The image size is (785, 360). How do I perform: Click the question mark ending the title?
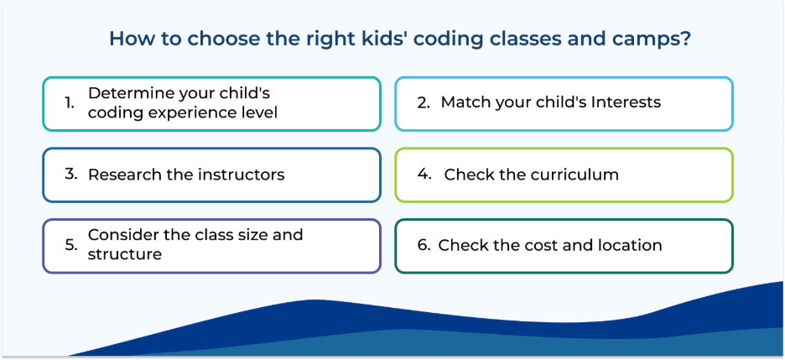685,39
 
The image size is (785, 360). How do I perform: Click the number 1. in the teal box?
70,103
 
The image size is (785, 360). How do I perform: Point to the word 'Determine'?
128,93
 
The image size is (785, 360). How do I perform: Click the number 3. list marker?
71,174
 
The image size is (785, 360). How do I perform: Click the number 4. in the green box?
424,175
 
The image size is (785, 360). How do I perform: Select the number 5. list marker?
71,245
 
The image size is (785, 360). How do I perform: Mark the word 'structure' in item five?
125,254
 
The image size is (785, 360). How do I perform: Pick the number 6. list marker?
424,245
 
